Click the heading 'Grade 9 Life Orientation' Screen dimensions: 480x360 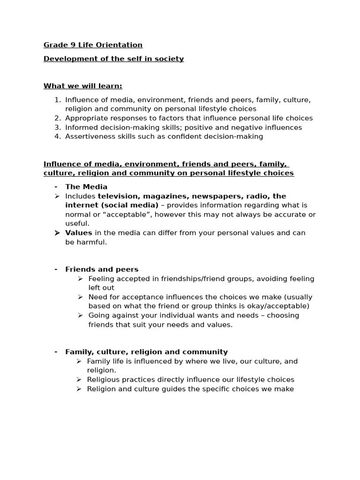93,45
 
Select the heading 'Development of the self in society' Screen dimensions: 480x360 113,59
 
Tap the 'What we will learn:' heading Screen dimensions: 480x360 82,86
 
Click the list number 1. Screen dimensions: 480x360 57,100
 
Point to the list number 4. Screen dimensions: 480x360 57,136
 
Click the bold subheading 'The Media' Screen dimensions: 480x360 86,187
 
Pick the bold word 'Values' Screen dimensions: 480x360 79,233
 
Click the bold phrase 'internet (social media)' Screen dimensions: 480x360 112,205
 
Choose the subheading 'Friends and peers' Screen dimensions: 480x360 102,270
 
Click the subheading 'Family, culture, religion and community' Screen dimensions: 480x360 146,352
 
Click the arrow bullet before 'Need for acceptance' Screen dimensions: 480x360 80,297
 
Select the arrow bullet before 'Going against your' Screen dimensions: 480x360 80,315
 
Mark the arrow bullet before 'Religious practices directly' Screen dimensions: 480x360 79,380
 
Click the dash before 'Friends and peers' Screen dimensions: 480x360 56,270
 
